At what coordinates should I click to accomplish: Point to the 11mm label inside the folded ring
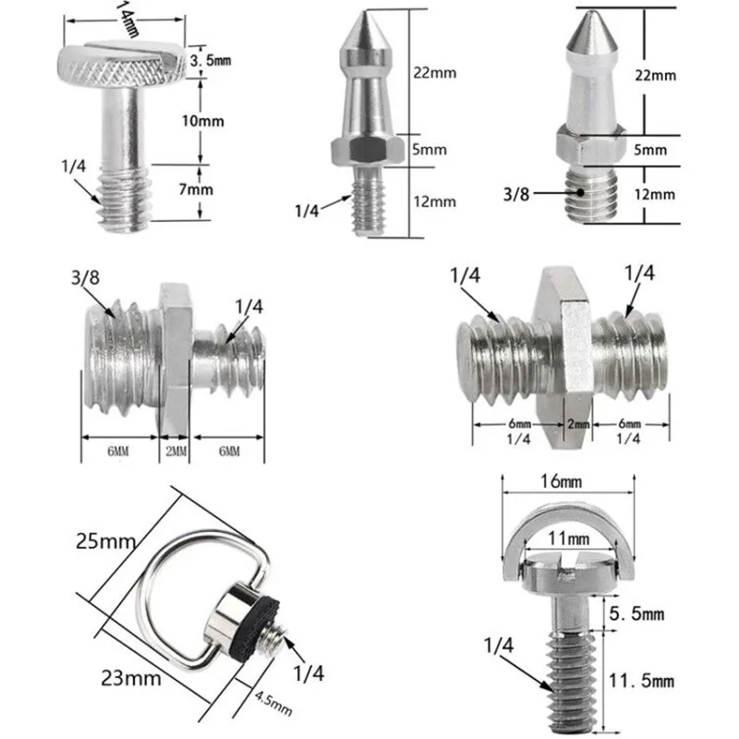click(x=567, y=538)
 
